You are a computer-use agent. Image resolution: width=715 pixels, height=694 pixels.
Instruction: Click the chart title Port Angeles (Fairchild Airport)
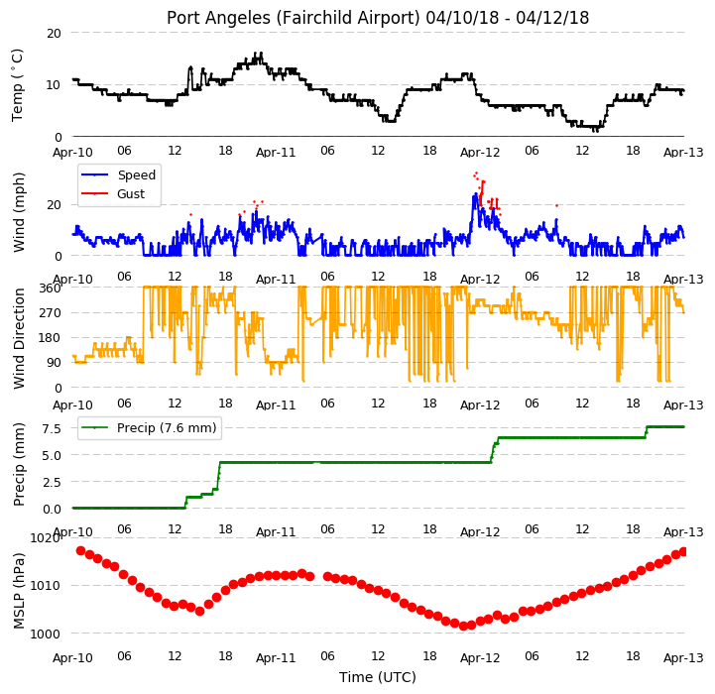click(293, 18)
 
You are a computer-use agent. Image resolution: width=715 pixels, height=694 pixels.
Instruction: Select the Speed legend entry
click(119, 175)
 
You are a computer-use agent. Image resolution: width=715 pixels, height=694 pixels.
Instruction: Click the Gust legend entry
click(113, 193)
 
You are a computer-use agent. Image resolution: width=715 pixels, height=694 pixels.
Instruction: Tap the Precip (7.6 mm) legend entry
click(149, 427)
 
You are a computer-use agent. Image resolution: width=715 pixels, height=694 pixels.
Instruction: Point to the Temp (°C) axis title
click(17, 85)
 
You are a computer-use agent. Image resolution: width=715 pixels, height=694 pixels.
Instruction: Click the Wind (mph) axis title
click(18, 212)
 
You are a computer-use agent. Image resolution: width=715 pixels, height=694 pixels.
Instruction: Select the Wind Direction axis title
click(18, 338)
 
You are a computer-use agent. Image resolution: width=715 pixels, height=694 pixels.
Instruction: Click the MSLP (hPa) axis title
click(18, 591)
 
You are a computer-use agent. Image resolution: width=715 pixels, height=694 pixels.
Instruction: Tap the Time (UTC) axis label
click(378, 677)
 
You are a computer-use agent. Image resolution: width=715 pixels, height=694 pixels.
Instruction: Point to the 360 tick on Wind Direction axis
click(51, 289)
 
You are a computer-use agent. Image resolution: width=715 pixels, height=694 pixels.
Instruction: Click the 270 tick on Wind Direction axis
click(51, 313)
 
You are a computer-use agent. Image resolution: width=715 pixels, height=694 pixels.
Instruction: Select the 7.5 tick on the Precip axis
click(52, 428)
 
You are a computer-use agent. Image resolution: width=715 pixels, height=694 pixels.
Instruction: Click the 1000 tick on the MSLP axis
click(46, 634)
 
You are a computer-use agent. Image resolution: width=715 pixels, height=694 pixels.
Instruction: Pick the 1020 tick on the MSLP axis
click(46, 538)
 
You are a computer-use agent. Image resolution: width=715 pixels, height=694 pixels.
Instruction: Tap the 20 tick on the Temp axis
click(54, 34)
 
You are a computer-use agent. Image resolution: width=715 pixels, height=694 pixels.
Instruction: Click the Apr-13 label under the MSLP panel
click(683, 658)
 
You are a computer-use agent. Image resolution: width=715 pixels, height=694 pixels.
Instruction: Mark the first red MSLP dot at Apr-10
click(80, 551)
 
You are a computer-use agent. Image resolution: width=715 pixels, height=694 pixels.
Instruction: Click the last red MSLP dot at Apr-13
click(683, 552)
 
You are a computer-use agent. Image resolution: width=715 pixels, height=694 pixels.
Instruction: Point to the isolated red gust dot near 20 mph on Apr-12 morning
click(556, 205)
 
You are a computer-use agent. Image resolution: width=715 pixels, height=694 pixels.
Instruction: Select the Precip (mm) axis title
click(18, 465)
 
